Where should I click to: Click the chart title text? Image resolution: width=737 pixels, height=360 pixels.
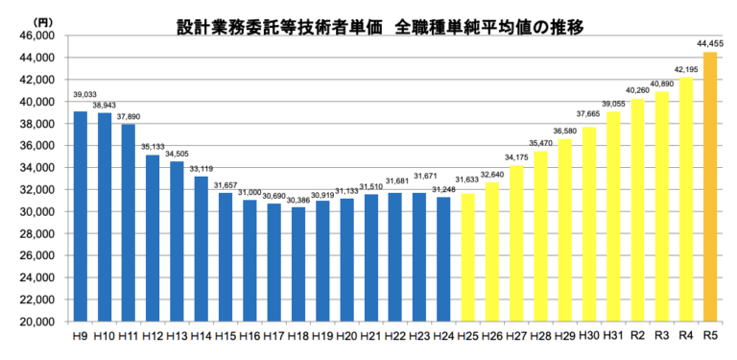tap(379, 26)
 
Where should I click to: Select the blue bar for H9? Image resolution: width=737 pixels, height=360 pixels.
tap(81, 216)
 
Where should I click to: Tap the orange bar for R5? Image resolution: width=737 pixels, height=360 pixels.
tap(710, 187)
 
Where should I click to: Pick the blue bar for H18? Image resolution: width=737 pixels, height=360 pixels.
tap(298, 264)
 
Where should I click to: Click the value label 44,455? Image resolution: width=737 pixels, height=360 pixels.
tap(710, 43)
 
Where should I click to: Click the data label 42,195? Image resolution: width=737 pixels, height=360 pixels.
tap(686, 69)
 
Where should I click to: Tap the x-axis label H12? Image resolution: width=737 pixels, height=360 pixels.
tap(152, 338)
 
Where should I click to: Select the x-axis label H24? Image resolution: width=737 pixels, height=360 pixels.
tap(442, 338)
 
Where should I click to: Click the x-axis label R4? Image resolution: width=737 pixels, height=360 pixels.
tap(685, 337)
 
